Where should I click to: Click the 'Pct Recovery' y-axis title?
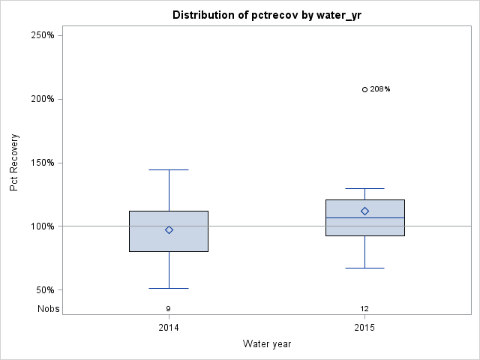click(15, 163)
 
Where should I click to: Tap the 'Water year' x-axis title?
click(267, 343)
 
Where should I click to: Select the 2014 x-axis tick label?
click(169, 328)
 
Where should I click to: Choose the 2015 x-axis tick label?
click(364, 328)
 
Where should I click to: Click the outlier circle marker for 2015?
click(364, 89)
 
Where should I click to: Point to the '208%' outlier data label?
click(380, 89)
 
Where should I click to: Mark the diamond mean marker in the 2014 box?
click(169, 230)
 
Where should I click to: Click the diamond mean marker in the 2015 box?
click(364, 211)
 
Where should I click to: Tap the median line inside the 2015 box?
click(364, 218)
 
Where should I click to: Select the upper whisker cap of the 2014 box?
click(169, 169)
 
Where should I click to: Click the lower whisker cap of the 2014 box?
click(169, 288)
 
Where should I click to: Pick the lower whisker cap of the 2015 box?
click(364, 268)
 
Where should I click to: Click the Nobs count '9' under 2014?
click(169, 308)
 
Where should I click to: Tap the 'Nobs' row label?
click(49, 308)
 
